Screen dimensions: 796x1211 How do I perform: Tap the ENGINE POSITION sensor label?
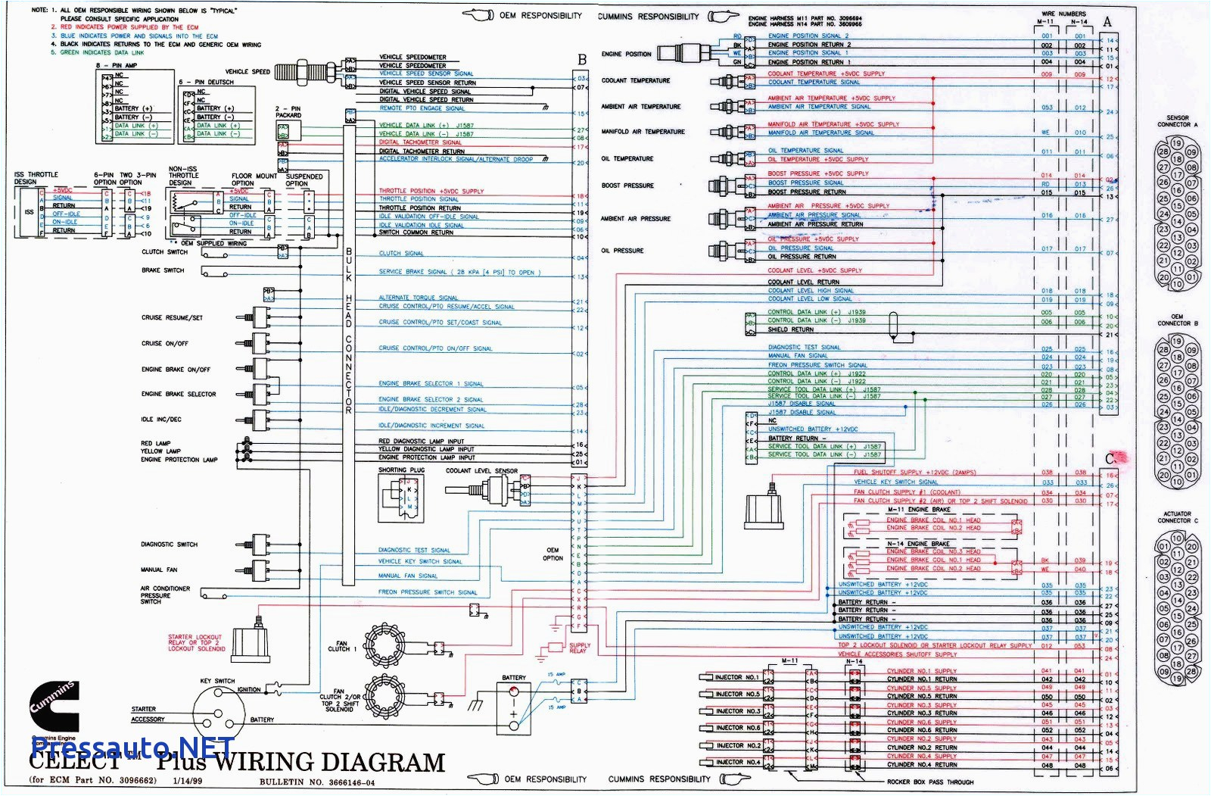(626, 54)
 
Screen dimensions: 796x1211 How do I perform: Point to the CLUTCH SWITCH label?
(164, 252)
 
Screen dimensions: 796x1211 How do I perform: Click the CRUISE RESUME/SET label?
(172, 318)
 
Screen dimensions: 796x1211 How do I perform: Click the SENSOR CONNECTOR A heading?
(1177, 121)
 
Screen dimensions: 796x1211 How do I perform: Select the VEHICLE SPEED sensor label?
(247, 72)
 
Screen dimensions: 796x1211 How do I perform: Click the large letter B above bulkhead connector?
(582, 60)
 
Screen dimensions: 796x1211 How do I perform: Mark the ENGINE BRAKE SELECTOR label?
(178, 395)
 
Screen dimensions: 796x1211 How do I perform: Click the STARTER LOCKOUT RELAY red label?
(196, 642)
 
